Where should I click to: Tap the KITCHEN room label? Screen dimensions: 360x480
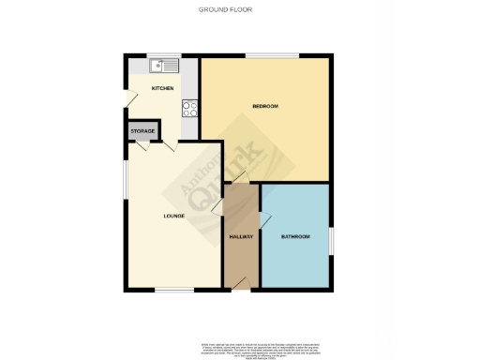coord(164,88)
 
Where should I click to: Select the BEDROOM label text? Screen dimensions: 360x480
coord(266,106)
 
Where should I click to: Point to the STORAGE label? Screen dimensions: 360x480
coord(143,130)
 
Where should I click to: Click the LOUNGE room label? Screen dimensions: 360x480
coord(173,217)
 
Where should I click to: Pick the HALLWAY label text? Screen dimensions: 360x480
coord(242,236)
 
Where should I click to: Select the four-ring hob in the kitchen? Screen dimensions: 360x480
coord(188,106)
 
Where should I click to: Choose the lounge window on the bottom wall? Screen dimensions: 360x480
coord(173,289)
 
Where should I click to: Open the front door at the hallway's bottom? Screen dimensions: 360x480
coord(242,282)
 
